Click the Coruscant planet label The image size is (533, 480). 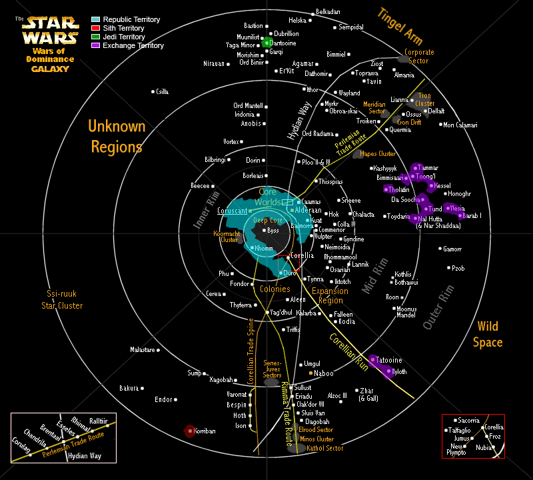pyautogui.click(x=232, y=211)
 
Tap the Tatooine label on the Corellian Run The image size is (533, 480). pyautogui.click(x=389, y=360)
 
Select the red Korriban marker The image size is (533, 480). pyautogui.click(x=189, y=431)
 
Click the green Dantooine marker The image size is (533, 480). pyautogui.click(x=267, y=43)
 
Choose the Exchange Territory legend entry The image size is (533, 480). pyautogui.click(x=133, y=46)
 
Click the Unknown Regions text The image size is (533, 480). pyautogui.click(x=117, y=137)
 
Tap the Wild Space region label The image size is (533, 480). pyautogui.click(x=489, y=334)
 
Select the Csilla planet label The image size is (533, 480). pyautogui.click(x=162, y=91)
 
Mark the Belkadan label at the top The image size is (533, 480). pyautogui.click(x=328, y=12)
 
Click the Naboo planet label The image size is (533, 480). pyautogui.click(x=324, y=373)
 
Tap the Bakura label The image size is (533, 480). pyautogui.click(x=129, y=388)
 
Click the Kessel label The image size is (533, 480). pyautogui.click(x=443, y=185)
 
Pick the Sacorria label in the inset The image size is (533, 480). pyautogui.click(x=468, y=421)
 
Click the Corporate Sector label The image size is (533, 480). pyautogui.click(x=419, y=57)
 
